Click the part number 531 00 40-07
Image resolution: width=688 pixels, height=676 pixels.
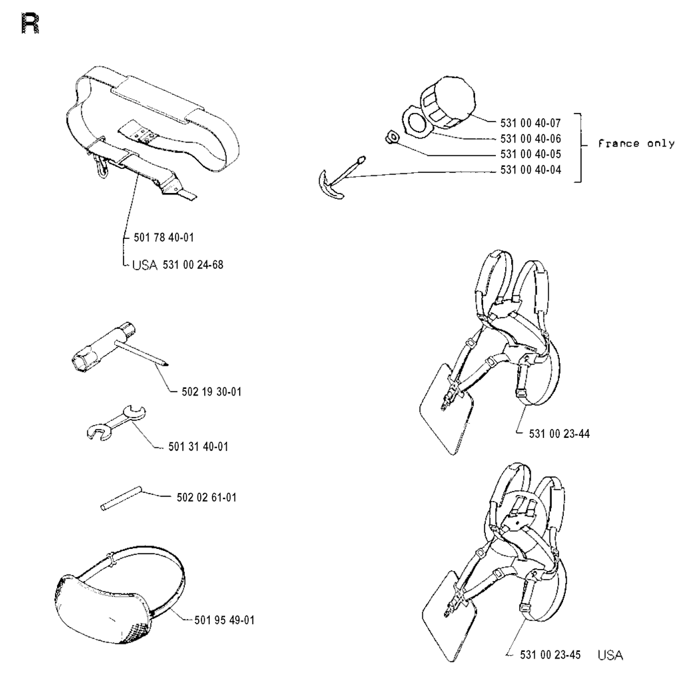click(531, 124)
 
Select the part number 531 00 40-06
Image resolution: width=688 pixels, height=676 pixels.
click(531, 139)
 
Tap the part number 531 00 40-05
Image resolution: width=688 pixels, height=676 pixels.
click(531, 155)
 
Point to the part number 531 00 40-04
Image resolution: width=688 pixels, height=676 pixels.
click(531, 170)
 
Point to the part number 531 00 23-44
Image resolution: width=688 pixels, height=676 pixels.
click(554, 434)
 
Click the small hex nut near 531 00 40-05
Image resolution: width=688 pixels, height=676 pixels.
click(390, 138)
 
